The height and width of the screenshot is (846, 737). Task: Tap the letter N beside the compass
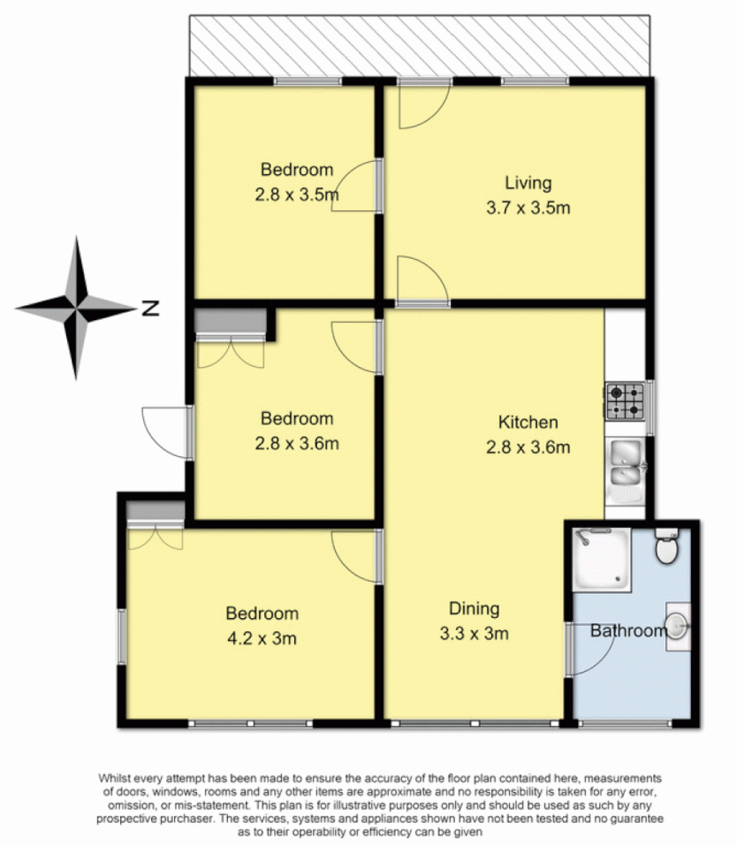150,309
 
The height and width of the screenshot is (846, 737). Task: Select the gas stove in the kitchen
625,400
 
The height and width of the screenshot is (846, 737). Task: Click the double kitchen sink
628,464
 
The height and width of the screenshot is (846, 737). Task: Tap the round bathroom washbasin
676,626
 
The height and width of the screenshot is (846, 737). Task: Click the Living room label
528,184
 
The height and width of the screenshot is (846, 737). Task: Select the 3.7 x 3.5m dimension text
528,209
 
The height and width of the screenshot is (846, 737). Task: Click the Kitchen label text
528,422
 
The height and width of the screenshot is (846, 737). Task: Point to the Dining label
474,608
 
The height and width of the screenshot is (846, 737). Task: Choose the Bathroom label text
627,631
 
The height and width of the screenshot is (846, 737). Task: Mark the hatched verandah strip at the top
420,46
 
